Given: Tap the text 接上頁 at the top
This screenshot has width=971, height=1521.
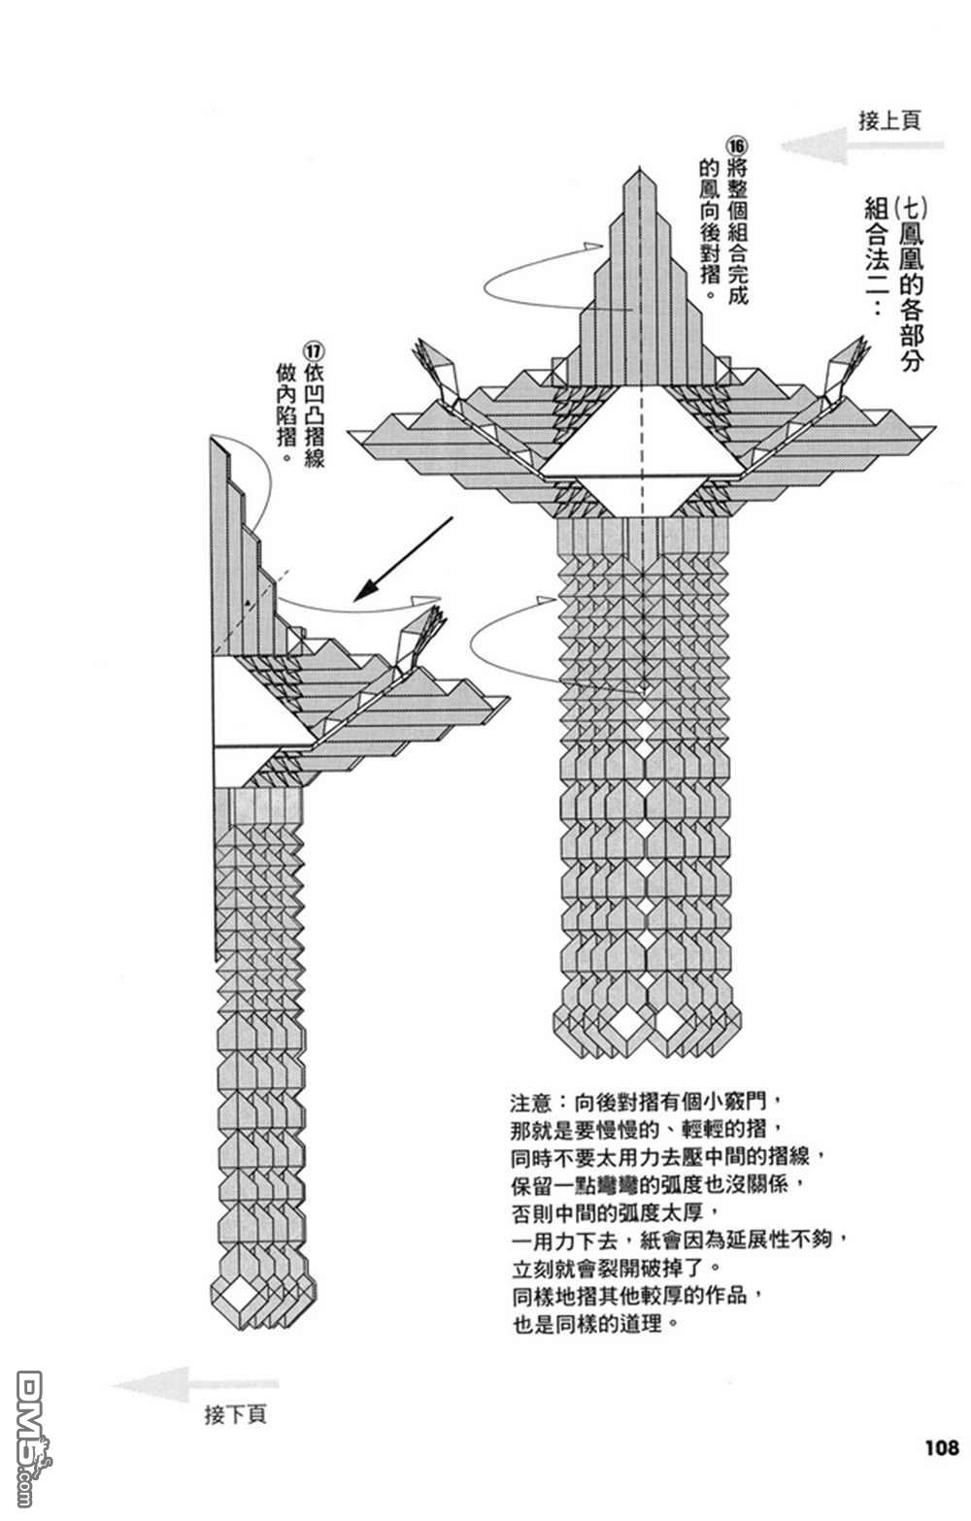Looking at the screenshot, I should (889, 120).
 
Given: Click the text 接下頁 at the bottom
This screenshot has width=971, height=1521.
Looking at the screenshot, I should (235, 1414).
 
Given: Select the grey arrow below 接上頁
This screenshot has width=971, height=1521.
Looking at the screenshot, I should (862, 147).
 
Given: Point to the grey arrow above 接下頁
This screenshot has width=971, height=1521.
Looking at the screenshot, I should (194, 1384).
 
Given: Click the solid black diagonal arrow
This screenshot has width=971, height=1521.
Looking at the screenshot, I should (403, 559).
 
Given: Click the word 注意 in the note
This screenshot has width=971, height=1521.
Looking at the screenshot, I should (530, 1104).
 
